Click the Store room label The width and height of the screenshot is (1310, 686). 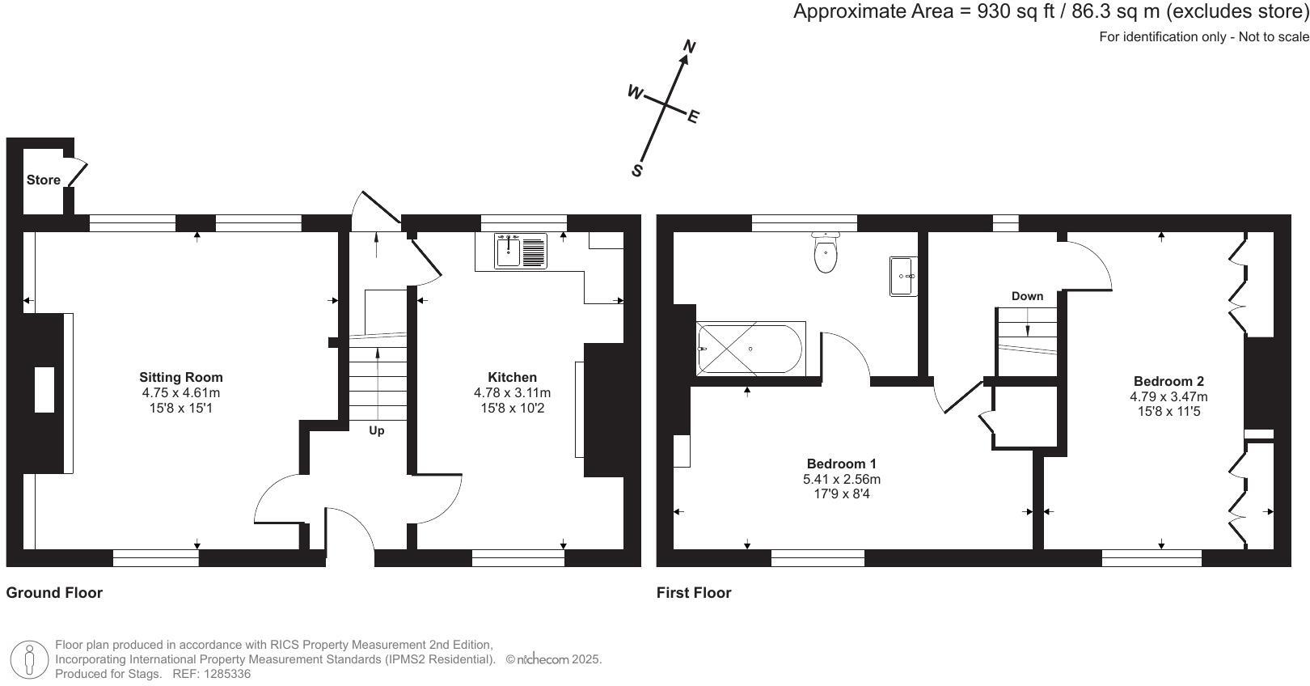pos(44,180)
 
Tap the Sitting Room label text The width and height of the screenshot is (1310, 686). pos(180,377)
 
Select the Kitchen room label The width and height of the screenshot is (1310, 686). pos(513,377)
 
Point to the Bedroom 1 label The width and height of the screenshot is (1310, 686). pos(842,464)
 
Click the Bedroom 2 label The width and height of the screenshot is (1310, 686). pos(1168,381)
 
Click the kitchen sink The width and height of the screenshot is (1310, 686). pos(521,251)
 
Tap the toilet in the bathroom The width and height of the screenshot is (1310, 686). pos(825,252)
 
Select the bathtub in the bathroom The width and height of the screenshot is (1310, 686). pos(751,349)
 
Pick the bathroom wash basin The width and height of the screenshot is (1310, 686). pos(903,276)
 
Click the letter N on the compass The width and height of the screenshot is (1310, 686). pos(690,47)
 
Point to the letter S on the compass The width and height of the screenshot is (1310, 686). pos(637,171)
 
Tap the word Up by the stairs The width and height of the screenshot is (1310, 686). pos(377,431)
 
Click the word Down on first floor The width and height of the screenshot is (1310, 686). pos(1028,296)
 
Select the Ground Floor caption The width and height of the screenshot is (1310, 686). pos(54,592)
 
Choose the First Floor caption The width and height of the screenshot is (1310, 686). pos(694,592)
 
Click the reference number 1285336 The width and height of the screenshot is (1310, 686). pos(227,674)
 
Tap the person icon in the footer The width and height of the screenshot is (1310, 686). pos(29,659)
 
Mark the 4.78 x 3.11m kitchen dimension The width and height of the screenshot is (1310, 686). pos(513,393)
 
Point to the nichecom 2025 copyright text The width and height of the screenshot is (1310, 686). pos(554,659)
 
